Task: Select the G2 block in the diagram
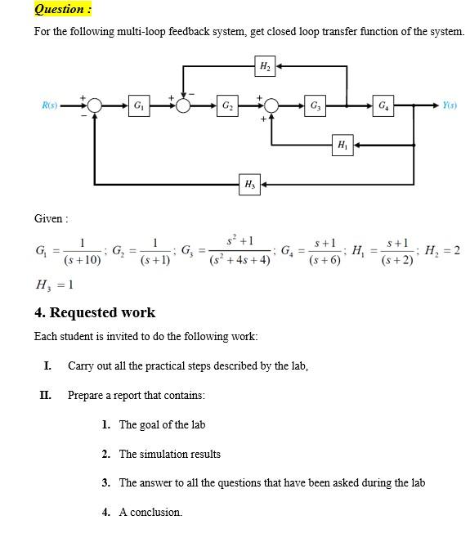point(226,105)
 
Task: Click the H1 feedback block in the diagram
point(341,145)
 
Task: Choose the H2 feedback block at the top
point(265,65)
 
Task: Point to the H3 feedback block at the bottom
point(248,185)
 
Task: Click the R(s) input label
point(51,105)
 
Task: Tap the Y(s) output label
point(449,105)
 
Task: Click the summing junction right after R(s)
point(95,105)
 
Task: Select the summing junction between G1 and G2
point(183,105)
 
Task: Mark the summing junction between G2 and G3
point(271,105)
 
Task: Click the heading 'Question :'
point(63,9)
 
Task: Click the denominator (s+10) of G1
point(82,260)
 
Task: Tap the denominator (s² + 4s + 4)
point(239,261)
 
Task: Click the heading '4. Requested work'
point(95,312)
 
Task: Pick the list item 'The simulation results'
point(169,454)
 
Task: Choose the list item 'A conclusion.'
point(150,513)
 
